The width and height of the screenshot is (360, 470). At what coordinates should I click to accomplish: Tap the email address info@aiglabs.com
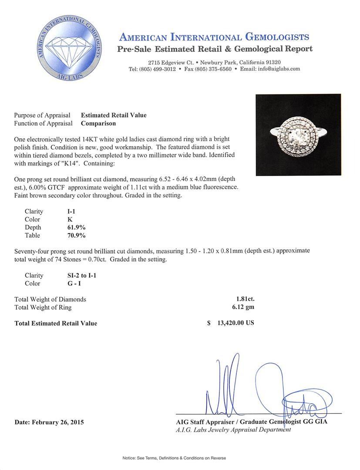[279, 69]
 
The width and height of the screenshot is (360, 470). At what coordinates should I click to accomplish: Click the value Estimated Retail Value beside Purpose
[114, 115]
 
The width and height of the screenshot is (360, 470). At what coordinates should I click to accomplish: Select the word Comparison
[98, 123]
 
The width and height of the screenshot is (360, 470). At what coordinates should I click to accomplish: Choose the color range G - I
[71, 284]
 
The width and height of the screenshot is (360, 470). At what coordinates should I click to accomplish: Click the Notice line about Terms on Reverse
[180, 458]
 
